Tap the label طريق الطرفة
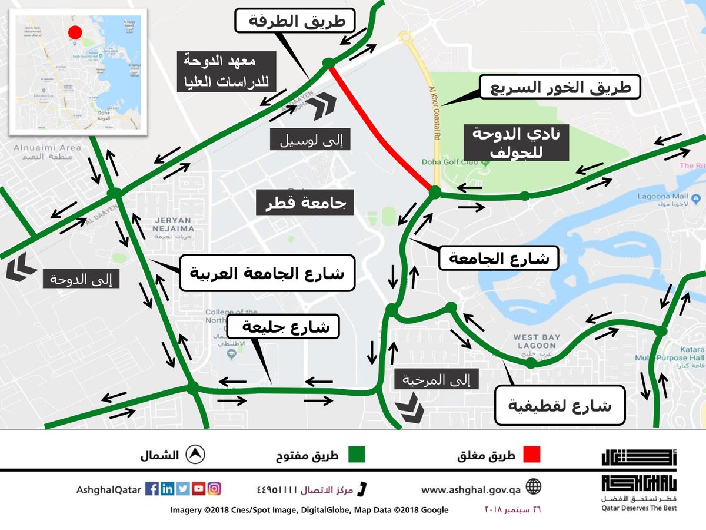(x=294, y=22)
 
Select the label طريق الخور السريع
(x=558, y=88)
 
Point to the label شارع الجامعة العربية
(x=267, y=273)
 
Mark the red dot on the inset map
(x=75, y=32)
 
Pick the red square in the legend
(x=531, y=455)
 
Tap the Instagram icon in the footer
(x=215, y=489)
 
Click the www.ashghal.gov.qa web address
(x=471, y=489)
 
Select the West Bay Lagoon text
(x=534, y=341)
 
